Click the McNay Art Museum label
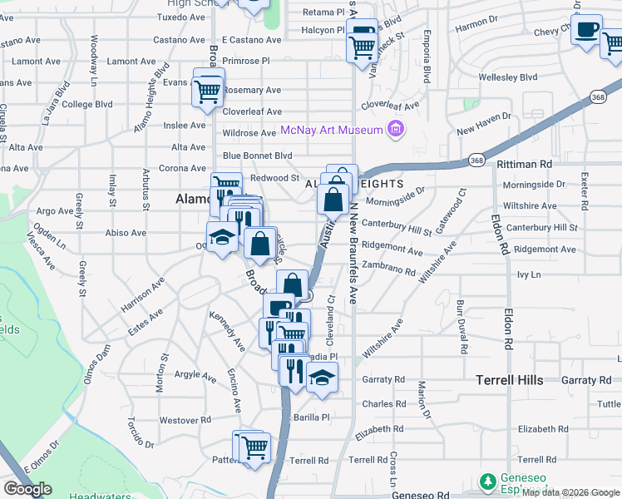click(331, 130)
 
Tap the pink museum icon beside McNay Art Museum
click(396, 130)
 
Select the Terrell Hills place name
click(521, 380)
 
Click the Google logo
click(27, 489)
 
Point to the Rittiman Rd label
click(524, 165)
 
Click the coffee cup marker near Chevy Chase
click(587, 30)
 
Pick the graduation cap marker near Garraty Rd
click(322, 378)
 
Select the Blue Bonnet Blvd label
click(257, 156)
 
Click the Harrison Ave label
click(142, 294)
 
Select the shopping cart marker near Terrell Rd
click(254, 447)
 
